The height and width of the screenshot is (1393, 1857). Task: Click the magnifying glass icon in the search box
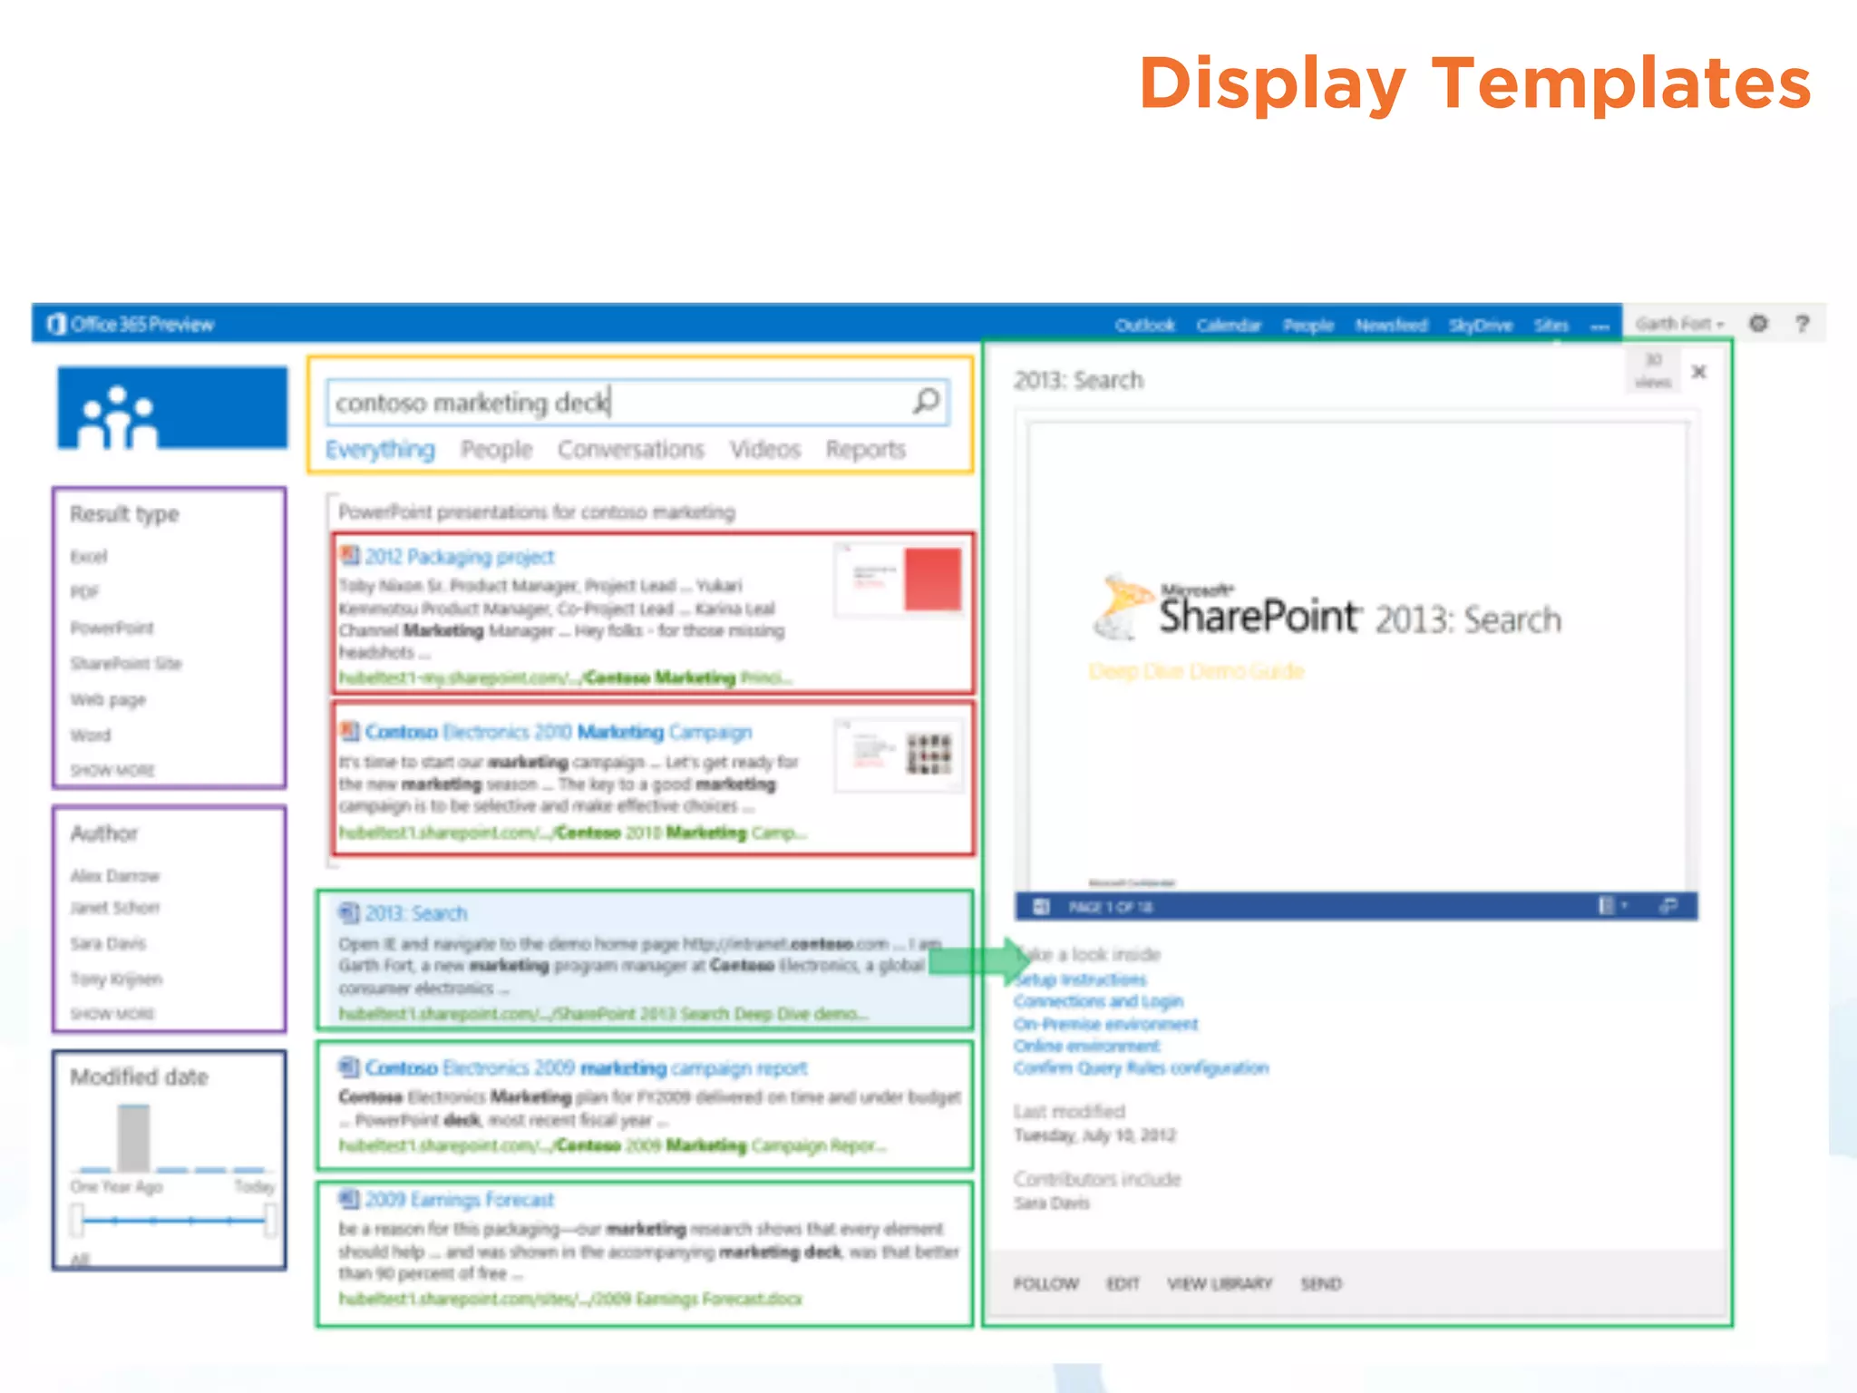point(926,401)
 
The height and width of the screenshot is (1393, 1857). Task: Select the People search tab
point(496,450)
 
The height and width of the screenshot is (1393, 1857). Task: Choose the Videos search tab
point(765,450)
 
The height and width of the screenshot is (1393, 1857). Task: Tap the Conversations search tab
point(630,450)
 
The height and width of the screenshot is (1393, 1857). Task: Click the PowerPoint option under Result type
point(112,628)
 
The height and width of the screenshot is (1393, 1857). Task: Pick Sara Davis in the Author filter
point(108,943)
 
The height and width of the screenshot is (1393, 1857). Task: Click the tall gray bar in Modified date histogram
point(133,1137)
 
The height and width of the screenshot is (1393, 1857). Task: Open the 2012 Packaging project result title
point(460,557)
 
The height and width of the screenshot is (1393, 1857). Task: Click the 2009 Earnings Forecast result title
point(459,1200)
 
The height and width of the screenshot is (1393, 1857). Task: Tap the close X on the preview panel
point(1699,372)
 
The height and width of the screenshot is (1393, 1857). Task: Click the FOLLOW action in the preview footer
point(1045,1283)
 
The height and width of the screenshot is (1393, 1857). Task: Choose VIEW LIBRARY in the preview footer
point(1220,1283)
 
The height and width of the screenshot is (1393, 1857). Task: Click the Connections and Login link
point(1098,1001)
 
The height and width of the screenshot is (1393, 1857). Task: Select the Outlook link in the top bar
point(1144,325)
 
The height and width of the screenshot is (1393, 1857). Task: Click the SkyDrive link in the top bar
point(1480,325)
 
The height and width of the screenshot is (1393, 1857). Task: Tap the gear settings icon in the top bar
point(1758,324)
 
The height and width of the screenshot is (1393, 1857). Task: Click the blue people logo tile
point(171,409)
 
